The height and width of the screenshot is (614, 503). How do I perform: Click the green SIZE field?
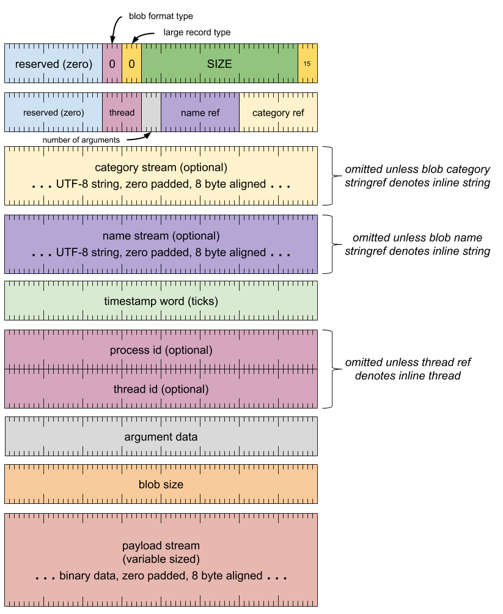click(219, 64)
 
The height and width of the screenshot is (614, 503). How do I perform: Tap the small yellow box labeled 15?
click(307, 64)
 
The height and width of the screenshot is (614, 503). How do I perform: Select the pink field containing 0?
click(112, 64)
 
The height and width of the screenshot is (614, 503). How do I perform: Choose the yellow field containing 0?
click(131, 64)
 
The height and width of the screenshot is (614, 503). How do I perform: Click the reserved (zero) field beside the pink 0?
click(54, 64)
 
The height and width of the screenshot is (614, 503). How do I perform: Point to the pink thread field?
click(122, 113)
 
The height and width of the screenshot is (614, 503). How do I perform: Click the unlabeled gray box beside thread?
click(151, 113)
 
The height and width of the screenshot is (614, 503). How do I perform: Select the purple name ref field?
click(200, 113)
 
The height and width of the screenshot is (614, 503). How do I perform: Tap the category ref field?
click(278, 113)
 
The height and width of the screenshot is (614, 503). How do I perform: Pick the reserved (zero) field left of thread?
click(54, 113)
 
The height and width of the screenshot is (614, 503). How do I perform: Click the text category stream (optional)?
click(161, 168)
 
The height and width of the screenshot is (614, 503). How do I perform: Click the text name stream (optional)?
click(161, 236)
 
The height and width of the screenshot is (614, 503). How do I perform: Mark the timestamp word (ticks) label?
click(161, 301)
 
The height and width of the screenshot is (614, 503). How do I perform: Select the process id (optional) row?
click(161, 350)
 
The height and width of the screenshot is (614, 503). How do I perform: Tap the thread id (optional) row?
click(161, 390)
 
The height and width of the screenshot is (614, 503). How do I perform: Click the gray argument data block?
click(161, 437)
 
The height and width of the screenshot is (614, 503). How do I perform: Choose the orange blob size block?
click(161, 484)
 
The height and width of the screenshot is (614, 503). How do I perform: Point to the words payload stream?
click(161, 546)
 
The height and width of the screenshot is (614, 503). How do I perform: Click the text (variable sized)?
click(161, 559)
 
